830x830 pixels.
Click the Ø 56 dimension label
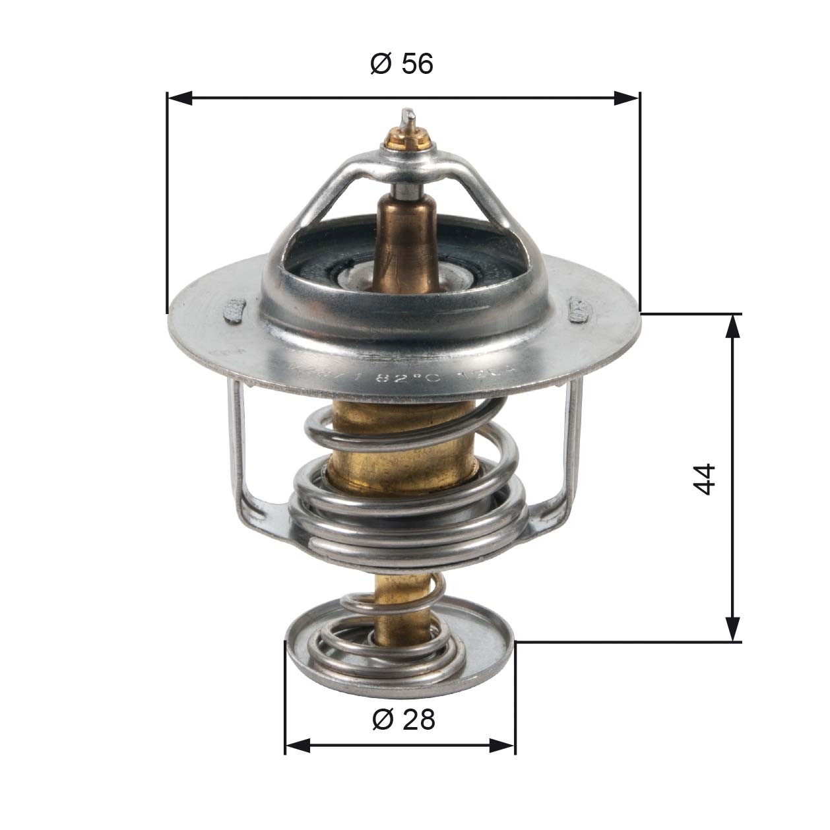point(402,64)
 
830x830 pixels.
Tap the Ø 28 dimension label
point(403,719)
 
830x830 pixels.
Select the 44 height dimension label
point(705,478)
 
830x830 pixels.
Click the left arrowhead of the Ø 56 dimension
point(179,98)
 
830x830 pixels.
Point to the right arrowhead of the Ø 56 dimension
point(626,98)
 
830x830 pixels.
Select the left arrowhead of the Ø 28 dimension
point(298,746)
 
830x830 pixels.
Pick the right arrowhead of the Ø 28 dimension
point(503,746)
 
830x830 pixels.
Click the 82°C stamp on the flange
point(403,379)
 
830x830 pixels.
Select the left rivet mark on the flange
point(235,310)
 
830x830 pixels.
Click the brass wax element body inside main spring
point(402,442)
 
